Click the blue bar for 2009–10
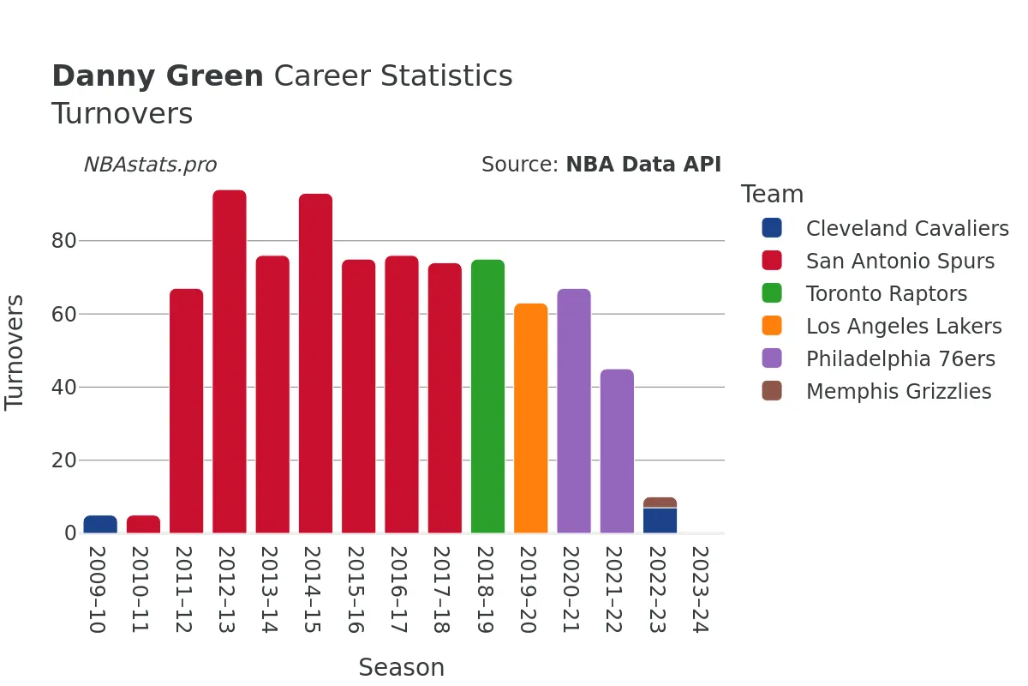click(100, 524)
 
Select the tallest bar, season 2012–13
click(230, 361)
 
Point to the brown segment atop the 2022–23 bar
click(660, 502)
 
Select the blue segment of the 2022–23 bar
click(660, 521)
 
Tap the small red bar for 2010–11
click(143, 524)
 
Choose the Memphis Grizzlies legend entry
click(898, 392)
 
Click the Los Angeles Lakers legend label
click(903, 327)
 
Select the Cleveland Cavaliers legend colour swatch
click(772, 228)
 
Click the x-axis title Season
click(401, 667)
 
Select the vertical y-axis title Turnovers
click(15, 352)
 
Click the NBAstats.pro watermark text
click(150, 165)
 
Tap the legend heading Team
click(772, 195)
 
